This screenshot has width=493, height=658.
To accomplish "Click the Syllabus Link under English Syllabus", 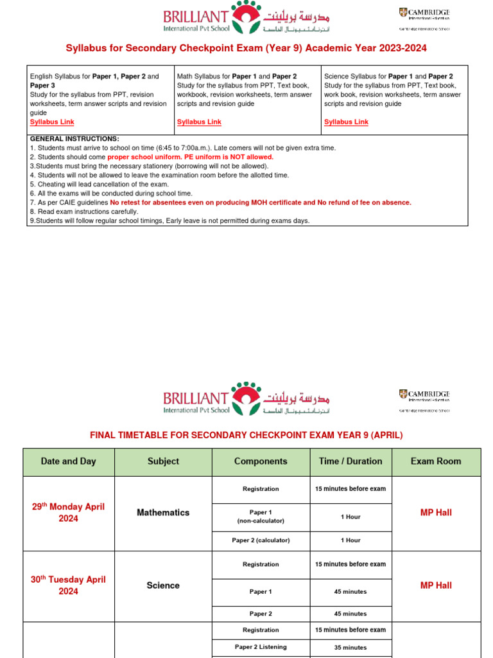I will (51, 121).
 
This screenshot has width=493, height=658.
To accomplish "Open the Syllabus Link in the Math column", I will (199, 121).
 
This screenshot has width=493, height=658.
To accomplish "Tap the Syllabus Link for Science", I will (346, 121).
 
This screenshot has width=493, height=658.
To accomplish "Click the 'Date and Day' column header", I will (69, 461).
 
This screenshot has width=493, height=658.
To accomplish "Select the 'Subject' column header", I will (163, 461).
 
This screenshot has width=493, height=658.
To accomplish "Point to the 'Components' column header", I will (261, 461).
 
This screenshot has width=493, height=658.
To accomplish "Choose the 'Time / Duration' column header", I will (350, 461).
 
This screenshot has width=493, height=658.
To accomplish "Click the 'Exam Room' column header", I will (436, 461).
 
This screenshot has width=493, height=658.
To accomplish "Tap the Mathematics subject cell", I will (163, 513).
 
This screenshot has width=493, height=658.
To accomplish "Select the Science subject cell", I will (163, 585).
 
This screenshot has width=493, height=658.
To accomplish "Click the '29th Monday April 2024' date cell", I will (69, 513).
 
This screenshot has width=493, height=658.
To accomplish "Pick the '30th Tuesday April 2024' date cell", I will (69, 585).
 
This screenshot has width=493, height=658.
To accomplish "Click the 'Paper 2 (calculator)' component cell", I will (261, 540).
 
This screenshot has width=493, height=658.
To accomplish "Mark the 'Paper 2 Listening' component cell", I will (261, 647).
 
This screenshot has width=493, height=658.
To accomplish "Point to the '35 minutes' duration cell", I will (350, 648).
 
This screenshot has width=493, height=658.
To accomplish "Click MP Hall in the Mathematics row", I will (436, 513).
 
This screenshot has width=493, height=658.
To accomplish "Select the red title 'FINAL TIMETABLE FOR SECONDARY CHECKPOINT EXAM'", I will (246, 435).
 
